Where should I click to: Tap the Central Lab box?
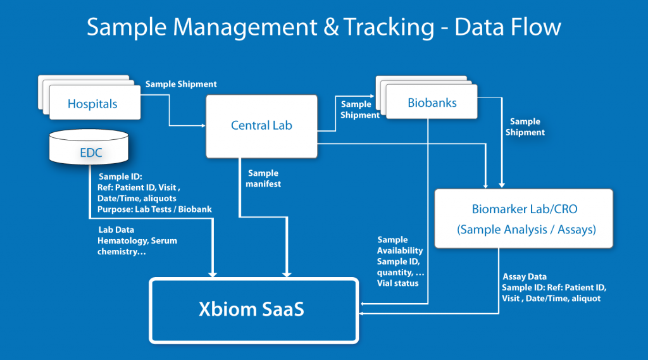tap(261, 125)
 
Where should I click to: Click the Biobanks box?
tap(432, 102)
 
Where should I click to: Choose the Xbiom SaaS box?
tap(253, 311)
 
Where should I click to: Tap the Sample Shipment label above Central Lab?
tap(181, 84)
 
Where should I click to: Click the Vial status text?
tap(398, 283)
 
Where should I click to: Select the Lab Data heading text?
tap(116, 230)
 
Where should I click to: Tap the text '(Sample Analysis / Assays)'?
tap(526, 230)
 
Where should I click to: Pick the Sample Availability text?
tap(399, 245)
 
